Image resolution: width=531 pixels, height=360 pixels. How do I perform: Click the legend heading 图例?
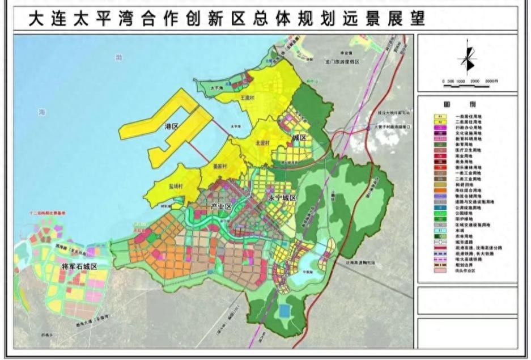(468, 105)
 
